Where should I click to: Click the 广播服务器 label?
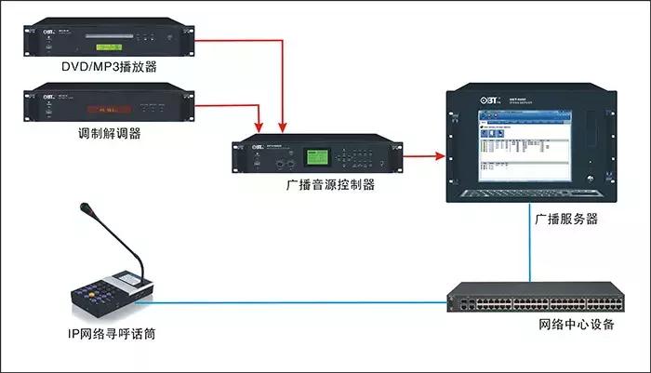tap(565, 220)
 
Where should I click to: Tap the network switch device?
tap(535, 300)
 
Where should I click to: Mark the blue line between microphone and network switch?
tap(298, 300)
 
